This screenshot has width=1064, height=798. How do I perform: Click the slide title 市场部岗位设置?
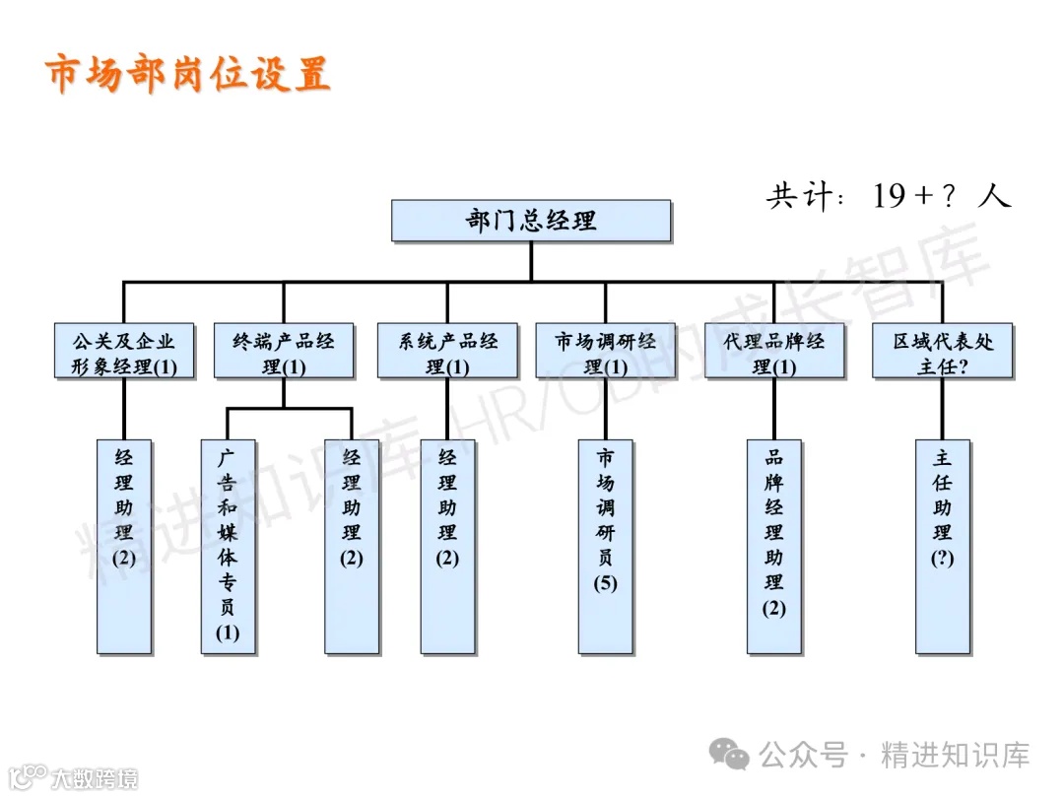click(187, 74)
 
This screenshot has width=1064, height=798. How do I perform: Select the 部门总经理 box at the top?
click(531, 221)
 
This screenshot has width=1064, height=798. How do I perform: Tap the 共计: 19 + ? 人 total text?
click(888, 196)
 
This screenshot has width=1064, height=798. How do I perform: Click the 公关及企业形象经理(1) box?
click(124, 353)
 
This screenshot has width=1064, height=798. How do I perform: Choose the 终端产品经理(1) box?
click(284, 353)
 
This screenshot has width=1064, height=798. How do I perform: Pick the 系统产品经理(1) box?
click(447, 353)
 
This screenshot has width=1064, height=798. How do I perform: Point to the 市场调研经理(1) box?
click(605, 353)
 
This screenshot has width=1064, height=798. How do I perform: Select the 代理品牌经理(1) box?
click(774, 353)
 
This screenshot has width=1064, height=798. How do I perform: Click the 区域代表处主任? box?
click(943, 353)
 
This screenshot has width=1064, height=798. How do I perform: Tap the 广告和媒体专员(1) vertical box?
click(228, 546)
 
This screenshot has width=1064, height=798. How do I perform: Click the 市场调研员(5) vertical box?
click(605, 546)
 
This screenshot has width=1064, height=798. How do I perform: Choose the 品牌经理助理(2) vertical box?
click(774, 546)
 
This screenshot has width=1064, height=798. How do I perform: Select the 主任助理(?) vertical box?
click(943, 546)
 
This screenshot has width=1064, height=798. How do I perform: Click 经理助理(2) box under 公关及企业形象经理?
click(124, 546)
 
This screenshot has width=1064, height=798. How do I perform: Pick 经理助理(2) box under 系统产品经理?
click(447, 546)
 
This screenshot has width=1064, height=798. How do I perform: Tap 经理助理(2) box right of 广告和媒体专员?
click(352, 546)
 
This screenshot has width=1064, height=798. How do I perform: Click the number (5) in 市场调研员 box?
click(605, 583)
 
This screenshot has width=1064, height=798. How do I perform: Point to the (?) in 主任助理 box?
click(943, 558)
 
